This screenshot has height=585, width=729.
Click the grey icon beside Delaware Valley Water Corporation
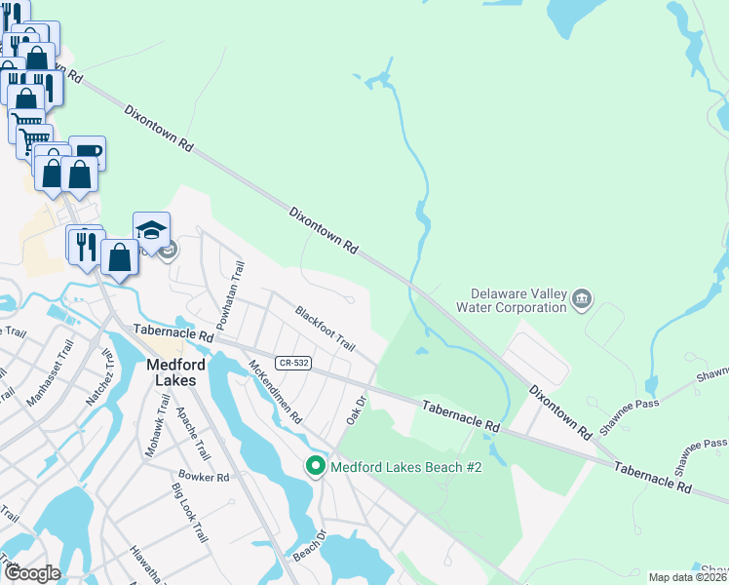tap(582, 298)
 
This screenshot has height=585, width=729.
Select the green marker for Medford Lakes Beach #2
tap(315, 467)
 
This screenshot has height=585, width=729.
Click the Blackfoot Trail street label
tap(326, 329)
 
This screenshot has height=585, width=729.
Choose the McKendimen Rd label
tap(275, 392)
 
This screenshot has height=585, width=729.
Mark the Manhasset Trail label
tap(50, 371)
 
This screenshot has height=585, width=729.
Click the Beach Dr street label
tap(308, 550)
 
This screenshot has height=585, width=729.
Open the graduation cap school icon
tap(151, 230)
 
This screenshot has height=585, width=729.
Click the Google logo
tap(31, 573)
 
